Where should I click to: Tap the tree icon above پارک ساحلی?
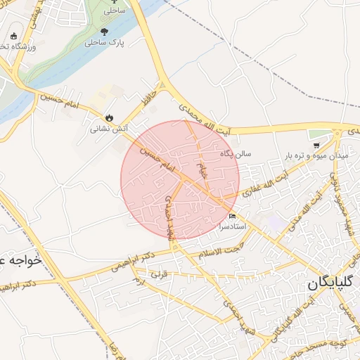[x=105, y=31]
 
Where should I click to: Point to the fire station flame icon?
[x=108, y=118]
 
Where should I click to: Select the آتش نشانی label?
[x=108, y=129]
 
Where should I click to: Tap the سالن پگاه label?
[x=236, y=153]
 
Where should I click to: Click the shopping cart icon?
[x=316, y=144]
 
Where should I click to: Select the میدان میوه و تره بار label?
[x=317, y=154]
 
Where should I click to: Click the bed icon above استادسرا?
[x=233, y=216]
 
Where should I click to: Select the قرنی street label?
[x=160, y=273]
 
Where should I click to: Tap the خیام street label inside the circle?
[x=202, y=169]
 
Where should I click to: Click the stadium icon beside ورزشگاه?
[x=13, y=36]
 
